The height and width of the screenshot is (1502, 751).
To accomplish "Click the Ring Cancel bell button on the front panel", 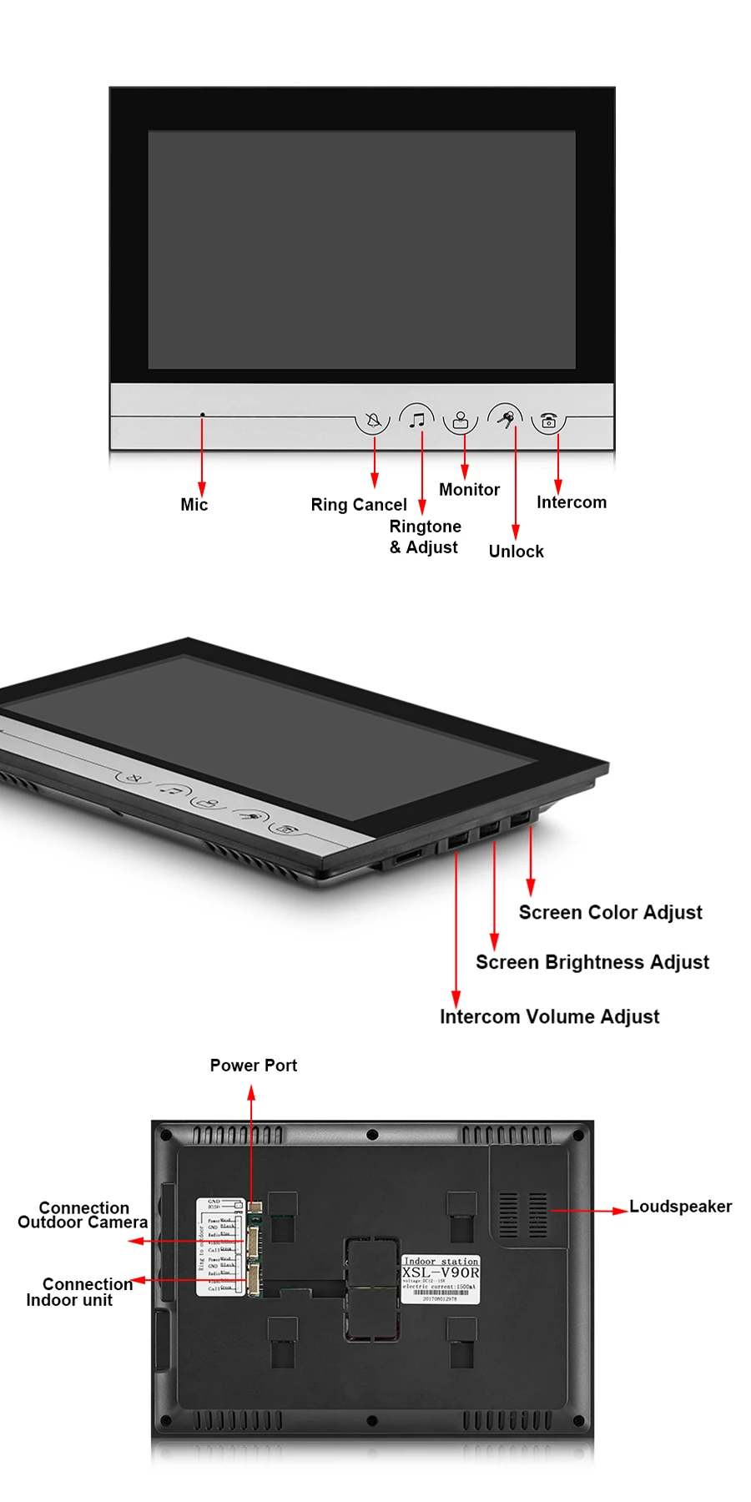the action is tap(373, 420).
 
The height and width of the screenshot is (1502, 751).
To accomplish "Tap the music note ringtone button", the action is tap(417, 419).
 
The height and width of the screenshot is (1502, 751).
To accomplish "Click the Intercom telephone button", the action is tap(548, 421).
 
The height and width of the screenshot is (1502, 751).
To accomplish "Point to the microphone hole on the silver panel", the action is tap(202, 415).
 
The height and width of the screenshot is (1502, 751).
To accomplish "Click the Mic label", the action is tap(194, 505).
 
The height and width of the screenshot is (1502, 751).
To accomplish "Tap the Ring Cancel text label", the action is tap(359, 505).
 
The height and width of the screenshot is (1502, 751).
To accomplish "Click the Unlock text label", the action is tap(516, 552).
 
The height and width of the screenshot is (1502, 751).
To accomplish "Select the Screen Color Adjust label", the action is tap(610, 913).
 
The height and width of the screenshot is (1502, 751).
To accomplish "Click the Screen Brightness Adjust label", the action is tap(592, 963).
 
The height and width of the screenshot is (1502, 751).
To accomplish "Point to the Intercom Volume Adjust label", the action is tap(549, 1017).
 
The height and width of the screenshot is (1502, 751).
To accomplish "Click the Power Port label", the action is tap(253, 1066).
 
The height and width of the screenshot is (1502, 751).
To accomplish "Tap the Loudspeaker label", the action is tap(680, 1207).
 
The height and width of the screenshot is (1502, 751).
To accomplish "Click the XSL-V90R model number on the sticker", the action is tap(441, 1273).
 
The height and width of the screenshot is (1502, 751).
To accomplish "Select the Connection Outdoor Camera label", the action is tap(83, 1216).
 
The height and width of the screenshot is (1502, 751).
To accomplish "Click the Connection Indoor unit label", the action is tap(78, 1292).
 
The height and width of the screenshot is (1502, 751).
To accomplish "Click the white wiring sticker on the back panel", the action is tap(219, 1247).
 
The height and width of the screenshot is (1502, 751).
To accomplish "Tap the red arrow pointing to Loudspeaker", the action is tap(588, 1210).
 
